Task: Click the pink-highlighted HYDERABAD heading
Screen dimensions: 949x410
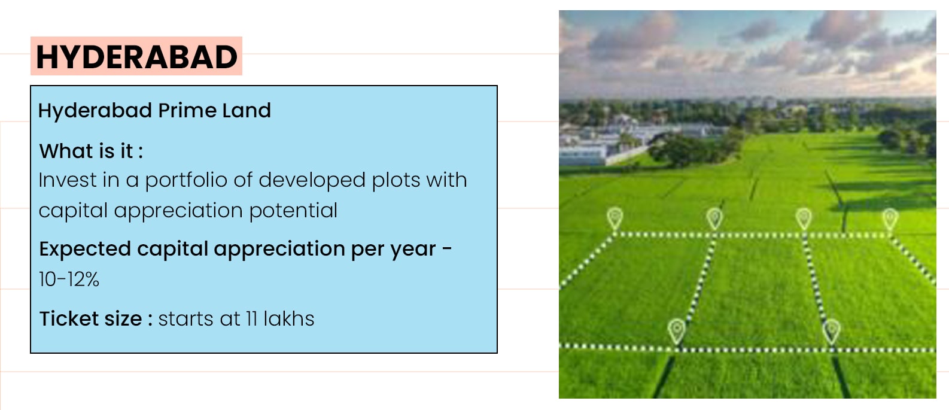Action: (x=136, y=56)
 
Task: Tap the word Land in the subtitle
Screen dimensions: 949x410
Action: (x=247, y=110)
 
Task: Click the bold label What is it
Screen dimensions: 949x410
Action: (x=91, y=151)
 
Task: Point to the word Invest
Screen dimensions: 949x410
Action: (x=68, y=180)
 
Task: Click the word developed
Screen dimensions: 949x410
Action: (x=312, y=181)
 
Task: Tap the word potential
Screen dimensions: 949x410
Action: (x=293, y=211)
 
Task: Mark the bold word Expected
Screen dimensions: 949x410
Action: (x=85, y=249)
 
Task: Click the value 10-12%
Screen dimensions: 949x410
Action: (x=69, y=280)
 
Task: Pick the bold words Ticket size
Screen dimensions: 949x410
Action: (x=91, y=318)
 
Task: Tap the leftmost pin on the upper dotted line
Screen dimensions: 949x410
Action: (x=615, y=219)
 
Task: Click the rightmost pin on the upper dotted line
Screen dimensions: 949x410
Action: (x=890, y=219)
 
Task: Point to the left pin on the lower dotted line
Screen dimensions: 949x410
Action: (x=677, y=331)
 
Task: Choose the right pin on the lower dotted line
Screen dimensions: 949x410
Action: (x=831, y=332)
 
